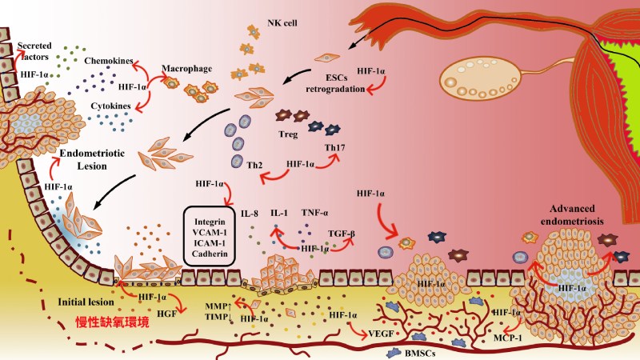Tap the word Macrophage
(x=187, y=69)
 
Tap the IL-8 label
(x=251, y=214)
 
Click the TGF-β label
(x=342, y=235)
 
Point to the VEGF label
(x=378, y=330)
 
